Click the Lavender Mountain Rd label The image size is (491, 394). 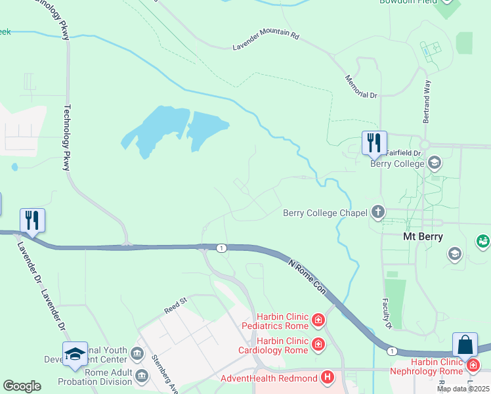click(266, 41)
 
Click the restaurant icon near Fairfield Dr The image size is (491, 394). click(374, 142)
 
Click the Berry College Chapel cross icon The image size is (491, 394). click(377, 212)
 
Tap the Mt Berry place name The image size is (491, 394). click(422, 237)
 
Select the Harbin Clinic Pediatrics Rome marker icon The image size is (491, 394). click(318, 320)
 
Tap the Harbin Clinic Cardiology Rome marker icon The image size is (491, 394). click(318, 344)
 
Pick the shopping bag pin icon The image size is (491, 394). click(465, 344)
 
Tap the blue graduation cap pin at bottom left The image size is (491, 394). click(75, 353)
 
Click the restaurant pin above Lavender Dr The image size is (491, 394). click(32, 220)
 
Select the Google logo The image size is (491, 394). click(22, 386)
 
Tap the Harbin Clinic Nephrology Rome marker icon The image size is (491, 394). click(472, 362)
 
